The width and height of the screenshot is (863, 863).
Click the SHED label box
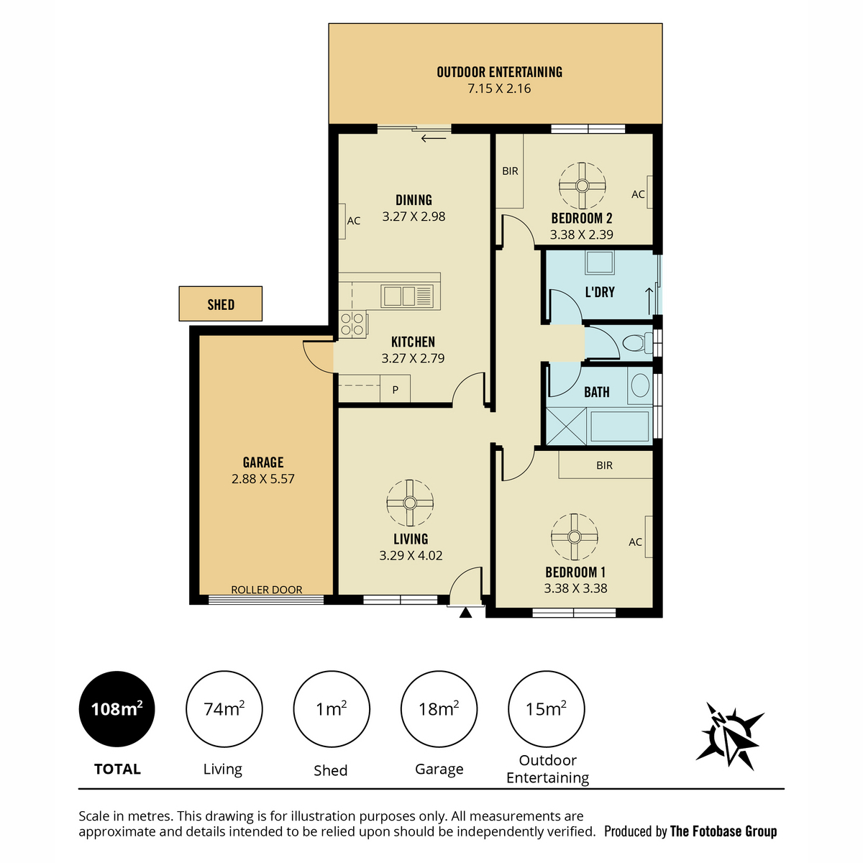tap(220, 303)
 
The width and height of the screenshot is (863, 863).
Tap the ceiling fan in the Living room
tap(410, 503)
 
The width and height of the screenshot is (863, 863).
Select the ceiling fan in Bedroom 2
tap(583, 186)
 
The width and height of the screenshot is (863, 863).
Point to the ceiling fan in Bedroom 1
tap(574, 536)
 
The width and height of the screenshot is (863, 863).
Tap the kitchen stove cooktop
tap(352, 324)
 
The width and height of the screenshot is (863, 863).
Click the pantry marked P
tap(395, 388)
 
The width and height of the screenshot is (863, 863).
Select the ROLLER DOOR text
tap(267, 590)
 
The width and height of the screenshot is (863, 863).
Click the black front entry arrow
tap(466, 613)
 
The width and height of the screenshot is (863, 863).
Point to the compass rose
tap(729, 735)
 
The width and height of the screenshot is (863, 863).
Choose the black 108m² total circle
tap(117, 709)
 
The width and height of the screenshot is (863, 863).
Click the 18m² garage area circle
tap(439, 709)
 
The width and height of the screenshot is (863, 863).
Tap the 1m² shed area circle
tap(332, 709)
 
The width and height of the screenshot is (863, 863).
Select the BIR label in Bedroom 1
tap(604, 465)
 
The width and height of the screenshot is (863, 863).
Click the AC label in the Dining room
tap(354, 221)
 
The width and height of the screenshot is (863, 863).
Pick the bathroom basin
tap(641, 385)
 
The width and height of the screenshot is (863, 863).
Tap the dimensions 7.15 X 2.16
tap(499, 88)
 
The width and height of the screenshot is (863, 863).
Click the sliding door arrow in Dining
tap(434, 138)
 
